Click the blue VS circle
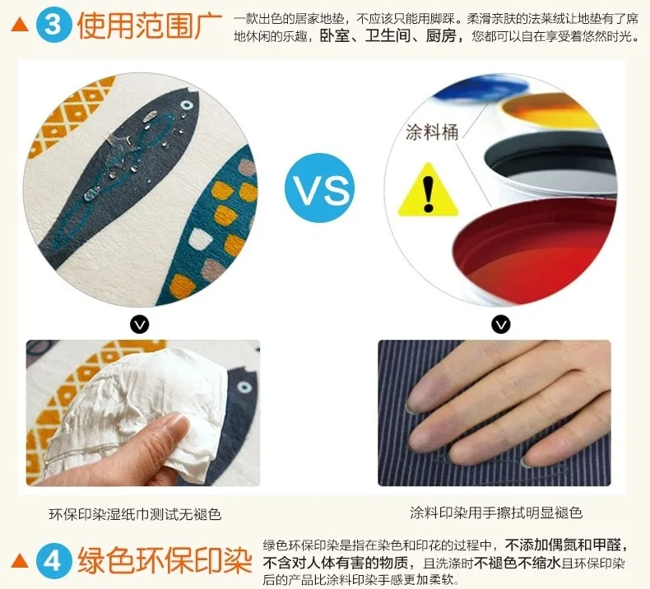pos(319,188)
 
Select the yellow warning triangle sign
pos(428,190)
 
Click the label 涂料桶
pos(432,132)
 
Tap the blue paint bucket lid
pos(481,88)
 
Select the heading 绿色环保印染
pos(165,561)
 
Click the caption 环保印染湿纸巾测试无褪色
pos(135,514)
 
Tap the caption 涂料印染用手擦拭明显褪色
pos(496,512)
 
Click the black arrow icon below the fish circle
pos(139,325)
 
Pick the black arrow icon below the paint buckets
pos(501,325)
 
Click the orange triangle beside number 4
pos(20,561)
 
